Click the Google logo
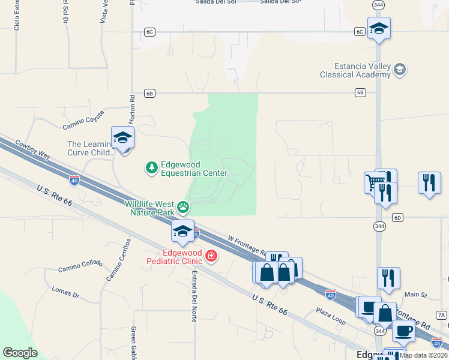click(20, 353)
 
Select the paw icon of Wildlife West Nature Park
click(182, 208)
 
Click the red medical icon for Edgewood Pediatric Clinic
click(211, 256)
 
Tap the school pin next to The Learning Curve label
click(123, 139)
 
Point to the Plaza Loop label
click(331, 316)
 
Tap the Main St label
click(415, 295)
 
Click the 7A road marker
click(441, 314)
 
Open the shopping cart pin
click(373, 182)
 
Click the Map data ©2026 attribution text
click(423, 355)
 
